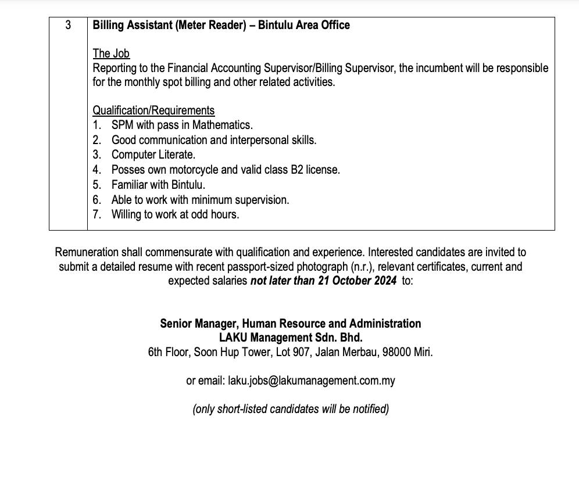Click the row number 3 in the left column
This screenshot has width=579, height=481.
click(x=68, y=26)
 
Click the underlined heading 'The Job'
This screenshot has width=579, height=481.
click(x=111, y=53)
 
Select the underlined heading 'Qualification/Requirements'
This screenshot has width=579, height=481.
click(x=153, y=110)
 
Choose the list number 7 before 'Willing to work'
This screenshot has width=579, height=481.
click(x=96, y=214)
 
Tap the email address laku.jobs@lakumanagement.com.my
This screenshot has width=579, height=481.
click(x=312, y=381)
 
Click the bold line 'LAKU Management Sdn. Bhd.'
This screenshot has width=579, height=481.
click(x=291, y=338)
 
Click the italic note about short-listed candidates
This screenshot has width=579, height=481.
click(x=291, y=409)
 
